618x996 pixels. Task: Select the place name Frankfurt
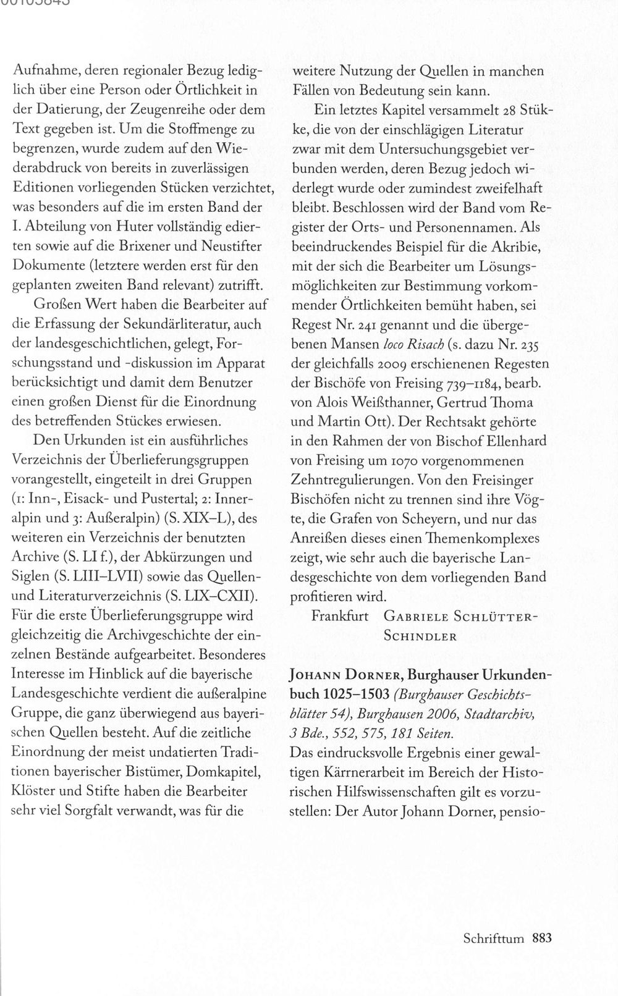[340, 616]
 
